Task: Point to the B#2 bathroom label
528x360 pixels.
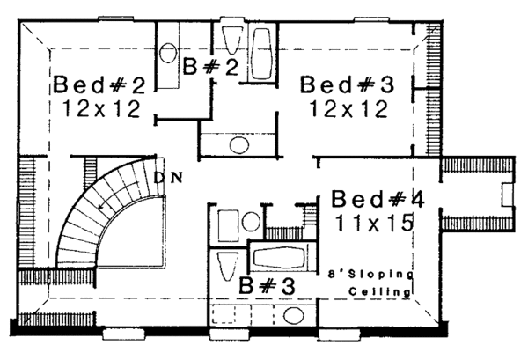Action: pos(210,68)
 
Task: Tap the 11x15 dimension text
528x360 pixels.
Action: pos(374,224)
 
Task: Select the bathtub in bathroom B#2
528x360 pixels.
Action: pos(262,55)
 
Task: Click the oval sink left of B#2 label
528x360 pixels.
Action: pos(170,52)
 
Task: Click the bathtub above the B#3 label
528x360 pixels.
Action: pos(279,259)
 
